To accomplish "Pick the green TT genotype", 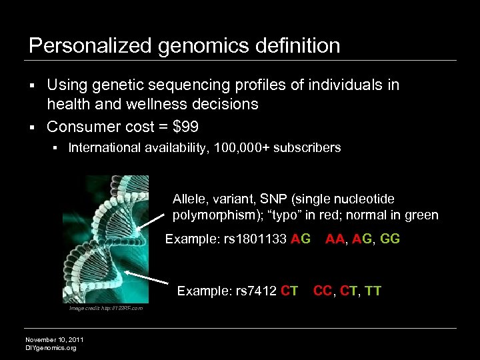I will point(373,291).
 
